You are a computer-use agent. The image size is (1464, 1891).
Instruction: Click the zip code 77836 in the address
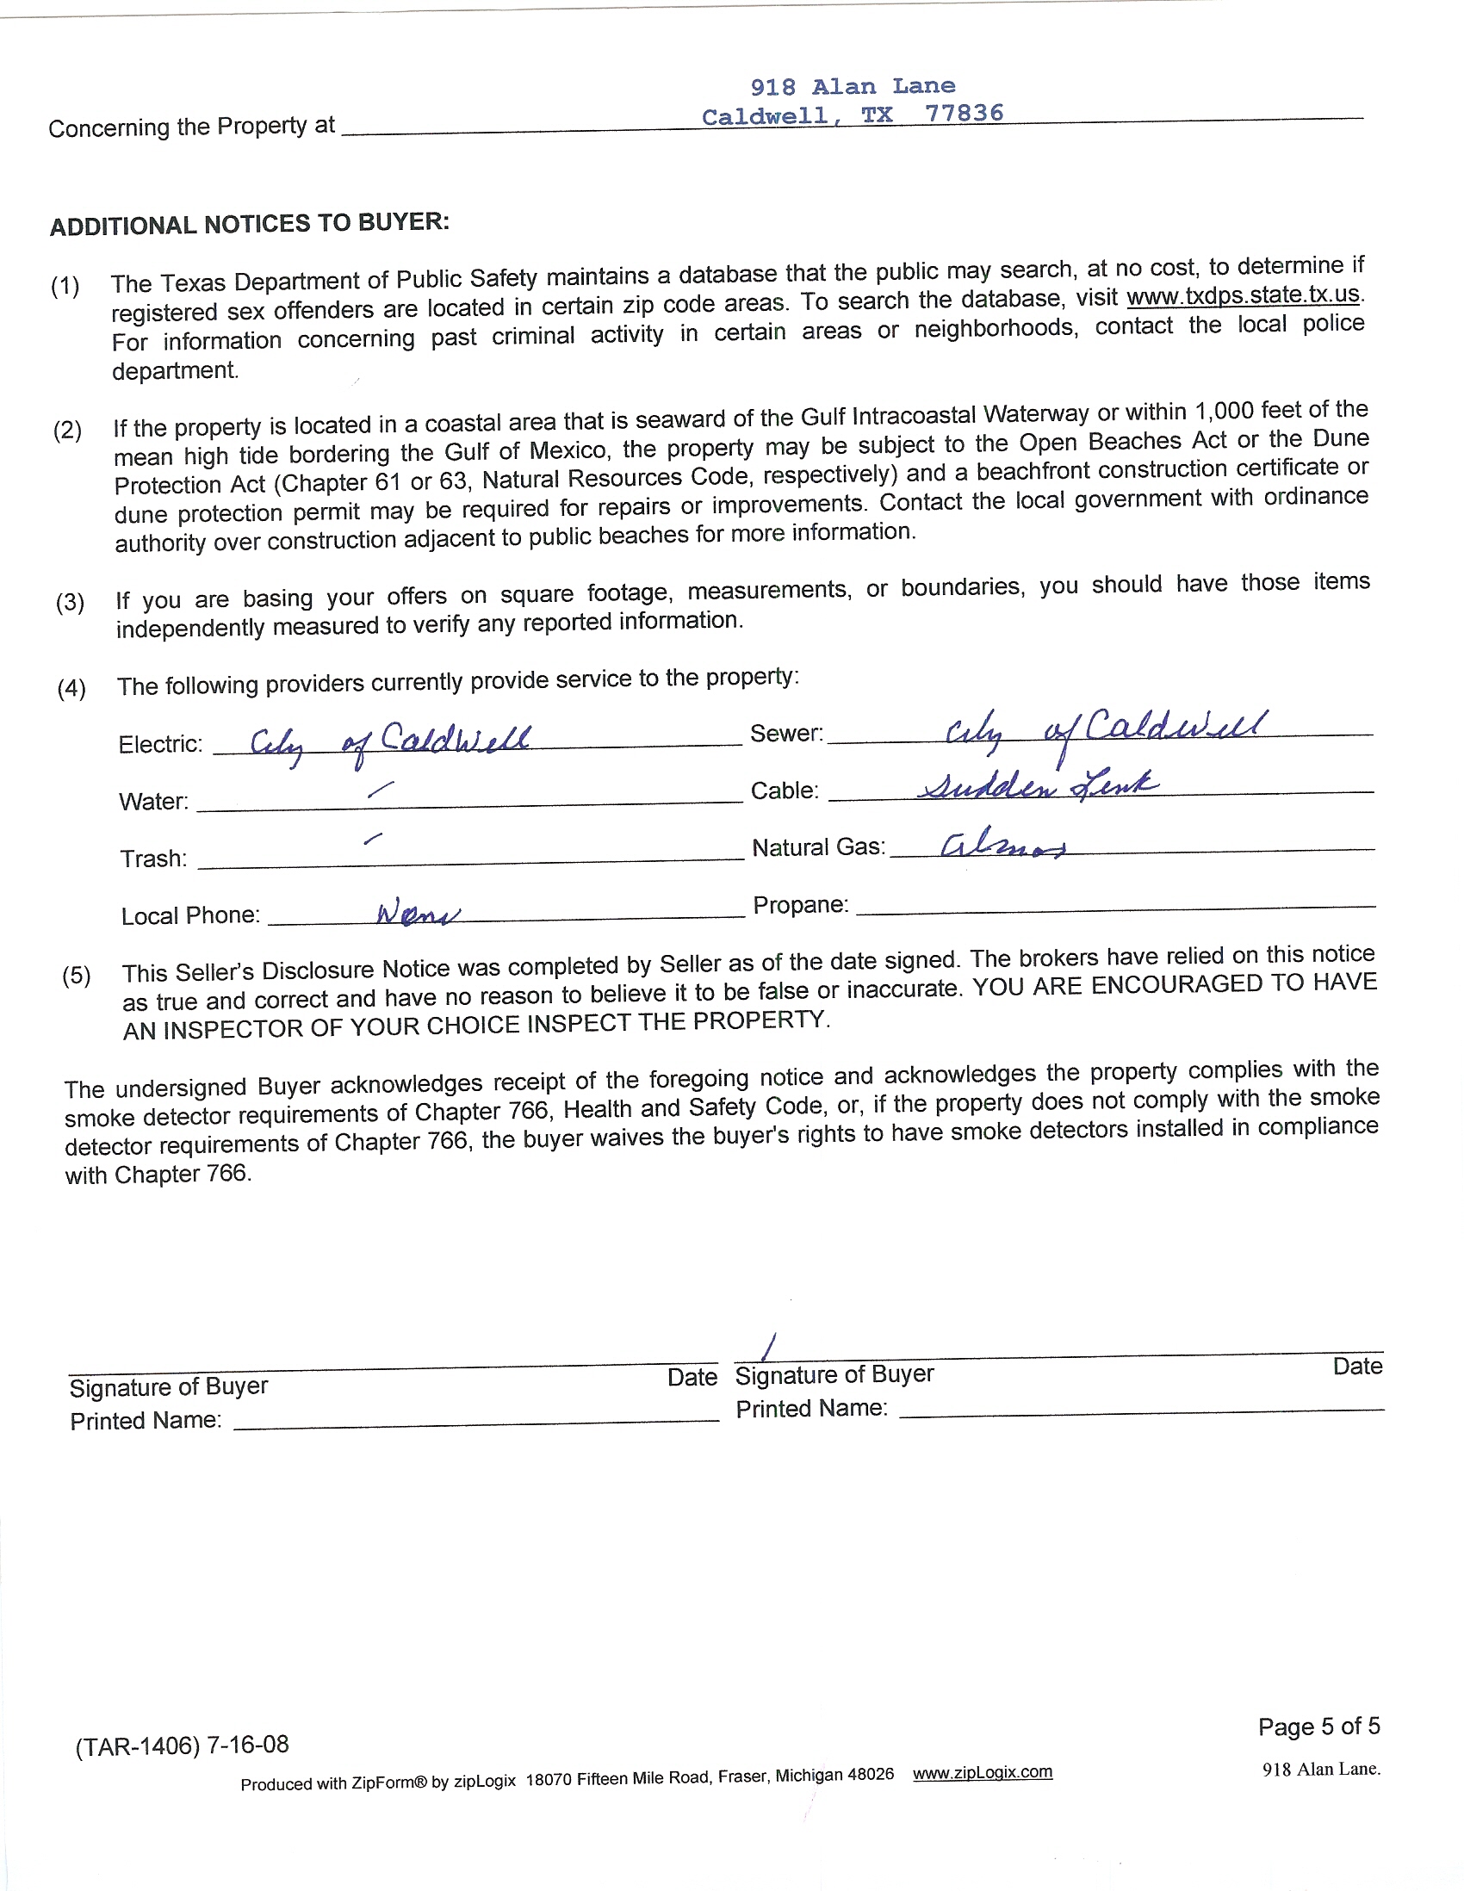coord(964,114)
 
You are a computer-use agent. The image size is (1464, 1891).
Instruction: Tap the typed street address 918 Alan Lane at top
coord(852,87)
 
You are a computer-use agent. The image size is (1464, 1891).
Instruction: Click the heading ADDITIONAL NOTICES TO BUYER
coord(250,224)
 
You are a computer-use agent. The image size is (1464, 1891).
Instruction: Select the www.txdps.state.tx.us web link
coord(1243,295)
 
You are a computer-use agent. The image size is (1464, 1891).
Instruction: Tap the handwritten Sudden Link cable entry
coord(1037,785)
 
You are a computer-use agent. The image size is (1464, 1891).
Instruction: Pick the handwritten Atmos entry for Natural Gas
coord(1002,845)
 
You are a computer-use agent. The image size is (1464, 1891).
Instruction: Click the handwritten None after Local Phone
coord(418,913)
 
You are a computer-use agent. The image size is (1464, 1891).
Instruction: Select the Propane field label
coord(800,905)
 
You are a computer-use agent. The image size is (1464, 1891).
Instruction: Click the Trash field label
coord(153,858)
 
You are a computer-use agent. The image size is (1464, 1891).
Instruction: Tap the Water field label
coord(153,801)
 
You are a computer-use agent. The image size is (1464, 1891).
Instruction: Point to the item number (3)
coord(70,602)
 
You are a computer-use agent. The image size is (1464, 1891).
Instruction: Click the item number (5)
coord(76,976)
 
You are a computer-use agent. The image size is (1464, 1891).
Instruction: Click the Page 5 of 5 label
coord(1318,1727)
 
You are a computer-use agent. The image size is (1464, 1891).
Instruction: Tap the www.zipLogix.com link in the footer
coord(982,1772)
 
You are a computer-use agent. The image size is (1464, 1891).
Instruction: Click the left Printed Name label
coord(146,1421)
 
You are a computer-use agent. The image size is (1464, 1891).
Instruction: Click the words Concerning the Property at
coord(191,127)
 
